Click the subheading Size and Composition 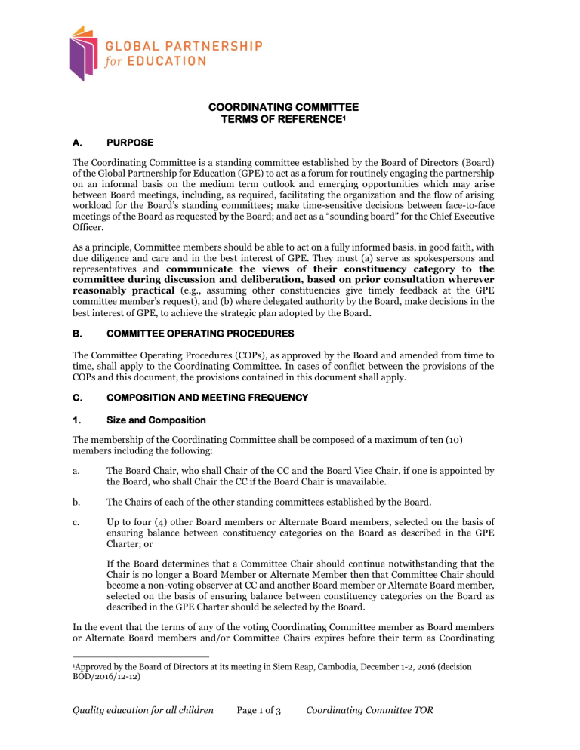point(148,416)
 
